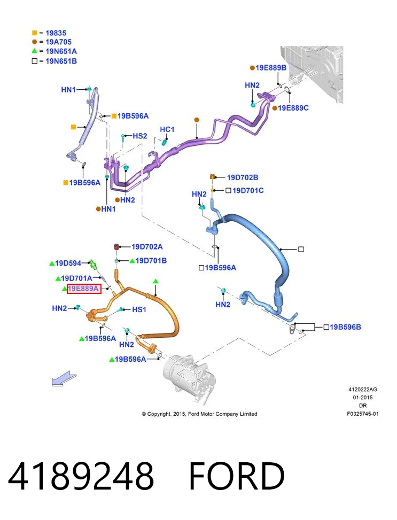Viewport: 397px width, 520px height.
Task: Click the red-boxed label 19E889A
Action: [84, 289]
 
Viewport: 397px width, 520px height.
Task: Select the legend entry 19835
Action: [56, 33]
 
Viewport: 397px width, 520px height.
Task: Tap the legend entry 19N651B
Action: [61, 61]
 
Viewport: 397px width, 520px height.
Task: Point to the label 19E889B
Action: [271, 68]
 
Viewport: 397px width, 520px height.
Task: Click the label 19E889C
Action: [293, 108]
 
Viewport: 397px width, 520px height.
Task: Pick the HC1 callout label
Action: [167, 129]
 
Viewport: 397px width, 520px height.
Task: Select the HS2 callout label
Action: [139, 136]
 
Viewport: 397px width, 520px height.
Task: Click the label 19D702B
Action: [243, 177]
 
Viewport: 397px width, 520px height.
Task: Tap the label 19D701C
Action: [248, 190]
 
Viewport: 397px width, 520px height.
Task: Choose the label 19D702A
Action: [147, 247]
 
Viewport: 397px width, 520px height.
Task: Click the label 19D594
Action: [68, 263]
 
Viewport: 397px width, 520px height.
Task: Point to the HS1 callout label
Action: [139, 309]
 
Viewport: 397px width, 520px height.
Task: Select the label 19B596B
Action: [345, 327]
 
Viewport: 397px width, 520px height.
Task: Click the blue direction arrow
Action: [64, 379]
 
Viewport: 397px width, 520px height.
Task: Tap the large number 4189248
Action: [81, 476]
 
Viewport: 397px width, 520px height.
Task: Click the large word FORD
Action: [237, 476]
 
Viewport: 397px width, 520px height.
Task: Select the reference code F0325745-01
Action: [362, 414]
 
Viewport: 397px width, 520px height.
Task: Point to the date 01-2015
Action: [362, 397]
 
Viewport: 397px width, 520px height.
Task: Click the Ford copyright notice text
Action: [199, 414]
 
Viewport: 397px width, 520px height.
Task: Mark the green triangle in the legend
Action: [35, 51]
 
